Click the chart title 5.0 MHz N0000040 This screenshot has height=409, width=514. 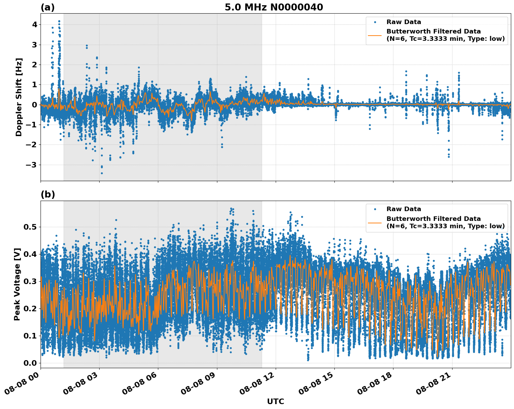click(274, 7)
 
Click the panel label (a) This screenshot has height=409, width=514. click(48, 7)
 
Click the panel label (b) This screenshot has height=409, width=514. click(48, 194)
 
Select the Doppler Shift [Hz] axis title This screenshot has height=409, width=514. click(19, 97)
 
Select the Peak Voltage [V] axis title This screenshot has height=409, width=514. click(17, 284)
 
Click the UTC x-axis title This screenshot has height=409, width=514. click(275, 401)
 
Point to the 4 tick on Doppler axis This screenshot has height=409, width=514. click(35, 25)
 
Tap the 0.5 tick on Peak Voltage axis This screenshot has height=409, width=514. click(30, 227)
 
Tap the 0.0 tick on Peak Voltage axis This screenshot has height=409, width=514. click(30, 363)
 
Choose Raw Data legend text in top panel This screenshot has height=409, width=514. click(404, 22)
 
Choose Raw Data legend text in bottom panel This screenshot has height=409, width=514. click(404, 209)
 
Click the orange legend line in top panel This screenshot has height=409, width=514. click(375, 35)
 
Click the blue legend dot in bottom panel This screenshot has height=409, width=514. click(375, 209)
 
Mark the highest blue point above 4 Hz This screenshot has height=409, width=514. click(59, 21)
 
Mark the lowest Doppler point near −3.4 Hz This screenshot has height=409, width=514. click(102, 173)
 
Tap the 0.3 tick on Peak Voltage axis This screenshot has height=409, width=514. click(30, 281)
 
